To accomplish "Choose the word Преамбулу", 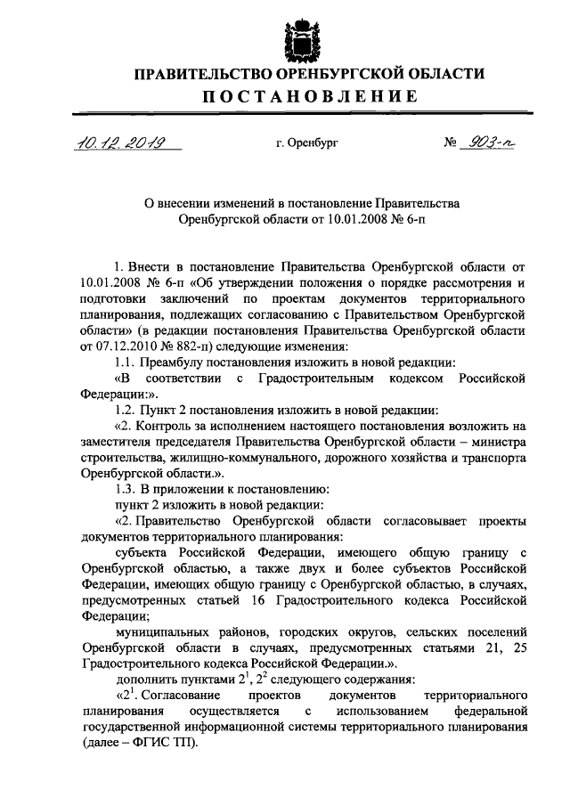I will point(172,362).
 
